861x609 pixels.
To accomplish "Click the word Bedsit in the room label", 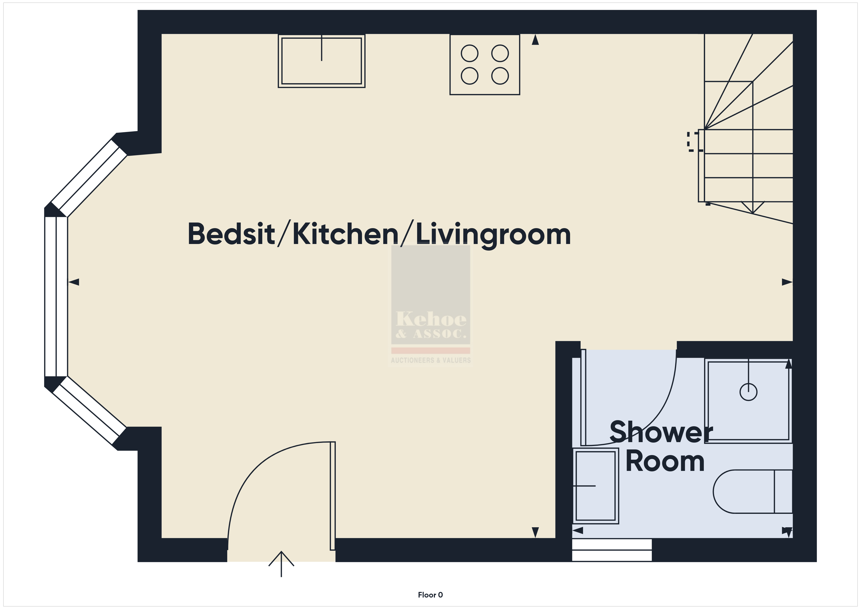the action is click(x=231, y=234).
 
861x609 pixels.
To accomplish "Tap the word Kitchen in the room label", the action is click(x=345, y=234).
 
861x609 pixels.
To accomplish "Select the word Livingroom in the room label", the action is click(x=493, y=235).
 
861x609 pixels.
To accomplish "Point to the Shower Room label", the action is click(x=661, y=446).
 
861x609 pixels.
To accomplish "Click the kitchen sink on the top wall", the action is click(x=321, y=61).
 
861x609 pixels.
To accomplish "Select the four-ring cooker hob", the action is click(x=484, y=64).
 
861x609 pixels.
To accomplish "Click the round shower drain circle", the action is click(x=748, y=392).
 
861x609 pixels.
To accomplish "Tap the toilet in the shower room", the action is click(x=753, y=491).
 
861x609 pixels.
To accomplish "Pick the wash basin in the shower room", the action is click(x=595, y=486).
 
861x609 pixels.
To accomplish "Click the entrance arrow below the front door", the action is click(x=281, y=564).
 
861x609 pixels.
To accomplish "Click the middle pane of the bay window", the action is click(x=56, y=296).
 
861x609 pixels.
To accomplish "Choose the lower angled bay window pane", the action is click(x=90, y=410).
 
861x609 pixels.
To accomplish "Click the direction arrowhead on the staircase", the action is click(x=753, y=207).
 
